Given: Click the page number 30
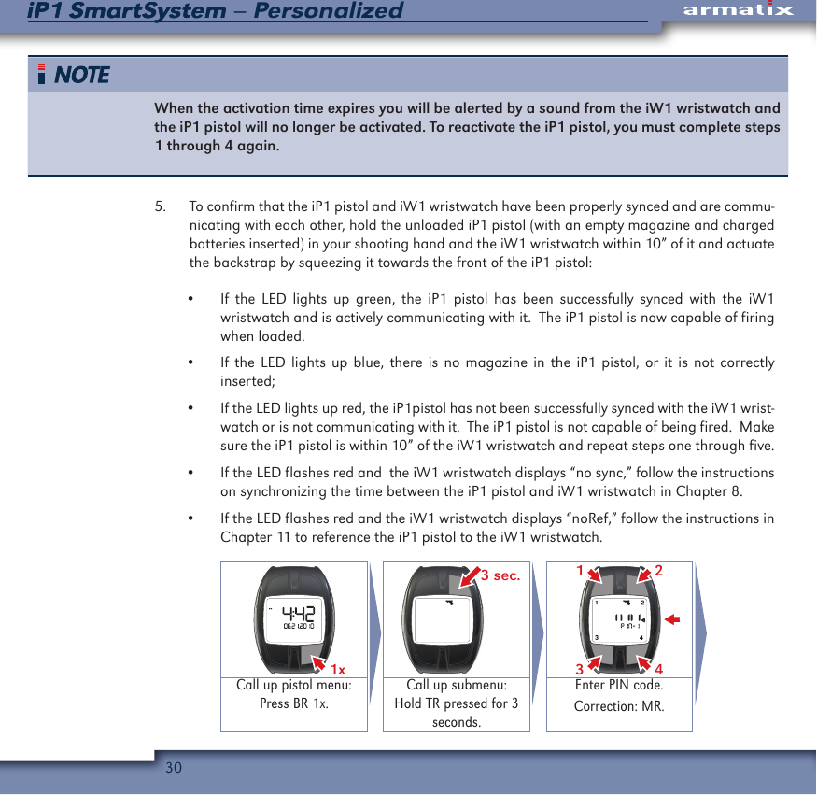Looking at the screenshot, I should tap(173, 768).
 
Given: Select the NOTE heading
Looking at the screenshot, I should tap(82, 75).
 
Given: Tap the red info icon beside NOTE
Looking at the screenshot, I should tap(42, 75).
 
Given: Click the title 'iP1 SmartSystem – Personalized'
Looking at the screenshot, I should tap(216, 11).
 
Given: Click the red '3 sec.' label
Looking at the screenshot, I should tap(500, 576).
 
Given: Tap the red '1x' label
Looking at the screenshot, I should tap(338, 669).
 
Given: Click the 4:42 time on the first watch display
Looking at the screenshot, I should tap(298, 613).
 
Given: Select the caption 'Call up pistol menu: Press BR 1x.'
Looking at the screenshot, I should tap(293, 694).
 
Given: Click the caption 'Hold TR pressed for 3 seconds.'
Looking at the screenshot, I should tap(456, 713).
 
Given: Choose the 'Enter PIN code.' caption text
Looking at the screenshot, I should tap(619, 686).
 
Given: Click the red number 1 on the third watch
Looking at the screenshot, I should tap(580, 571).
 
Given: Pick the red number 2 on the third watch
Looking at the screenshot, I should tap(658, 571).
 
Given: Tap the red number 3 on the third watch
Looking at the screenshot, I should tap(580, 669).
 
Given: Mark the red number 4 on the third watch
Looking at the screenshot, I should tap(658, 669).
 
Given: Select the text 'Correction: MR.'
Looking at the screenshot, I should tap(619, 705).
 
